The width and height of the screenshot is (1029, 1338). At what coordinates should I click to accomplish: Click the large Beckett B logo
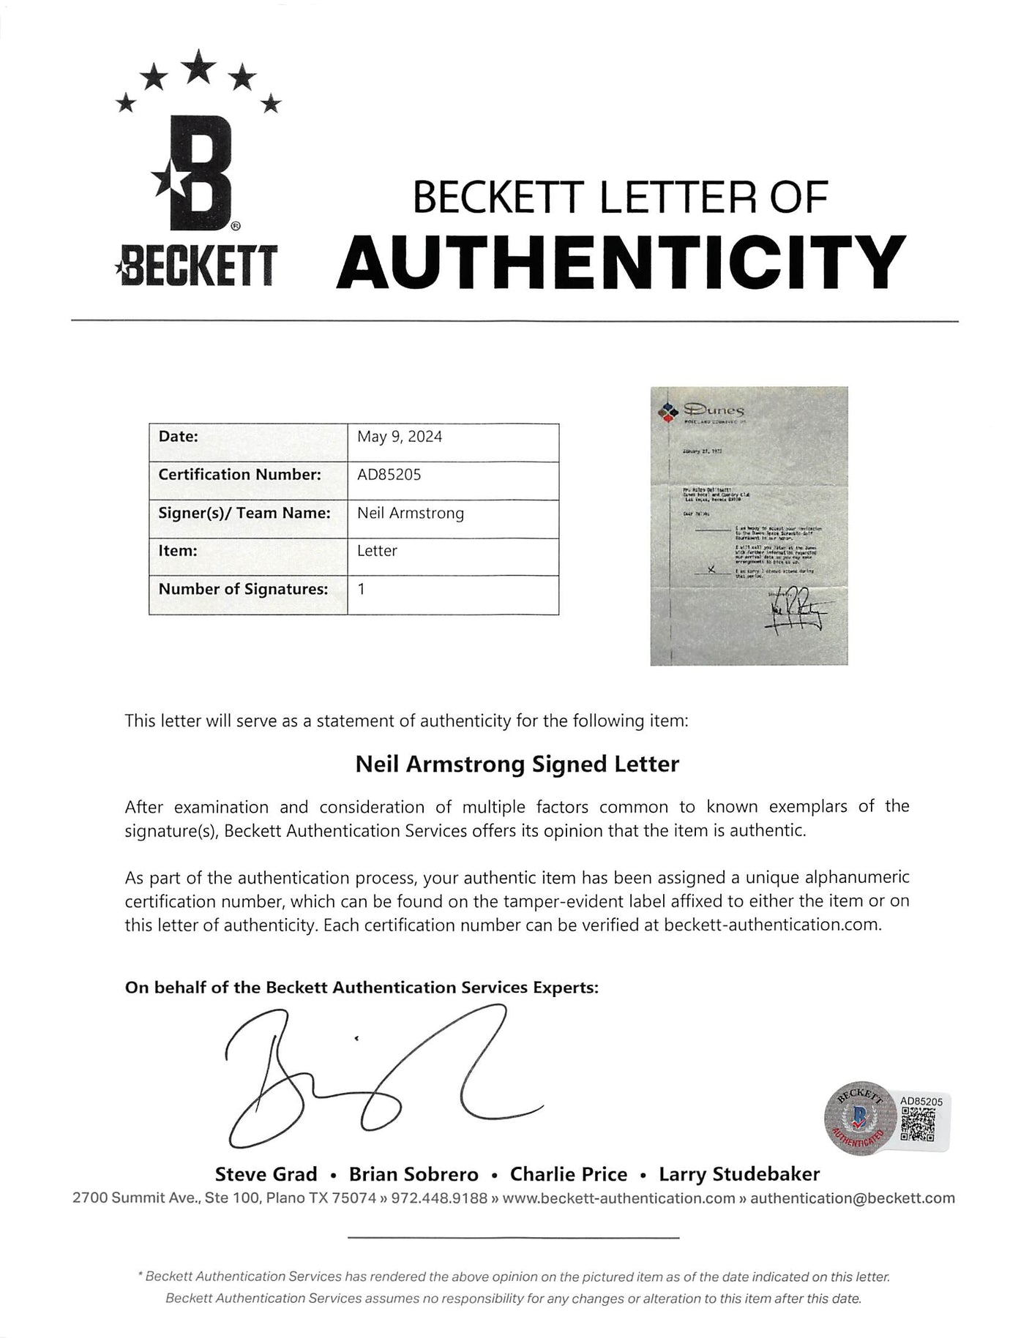click(196, 176)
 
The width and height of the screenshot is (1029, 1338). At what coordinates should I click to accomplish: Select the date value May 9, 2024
click(400, 437)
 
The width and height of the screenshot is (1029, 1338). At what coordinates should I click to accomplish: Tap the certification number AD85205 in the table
click(389, 475)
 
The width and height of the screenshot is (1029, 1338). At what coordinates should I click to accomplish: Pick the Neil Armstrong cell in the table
click(411, 514)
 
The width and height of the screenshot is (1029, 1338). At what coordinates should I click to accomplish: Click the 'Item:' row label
click(178, 551)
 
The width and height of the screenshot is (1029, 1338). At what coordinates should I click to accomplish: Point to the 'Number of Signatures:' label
click(243, 589)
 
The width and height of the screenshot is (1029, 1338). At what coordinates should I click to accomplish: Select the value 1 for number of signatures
click(362, 588)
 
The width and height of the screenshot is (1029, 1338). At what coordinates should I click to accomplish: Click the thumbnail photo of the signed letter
click(749, 525)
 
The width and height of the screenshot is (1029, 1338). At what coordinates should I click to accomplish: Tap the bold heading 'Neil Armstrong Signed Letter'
click(517, 764)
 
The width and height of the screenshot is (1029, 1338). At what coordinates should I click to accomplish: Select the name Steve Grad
click(266, 1175)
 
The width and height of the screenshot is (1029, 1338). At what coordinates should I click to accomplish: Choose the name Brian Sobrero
click(414, 1175)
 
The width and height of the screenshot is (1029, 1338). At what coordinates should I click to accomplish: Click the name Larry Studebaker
click(739, 1175)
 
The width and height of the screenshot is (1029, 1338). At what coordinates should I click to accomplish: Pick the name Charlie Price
click(569, 1175)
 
